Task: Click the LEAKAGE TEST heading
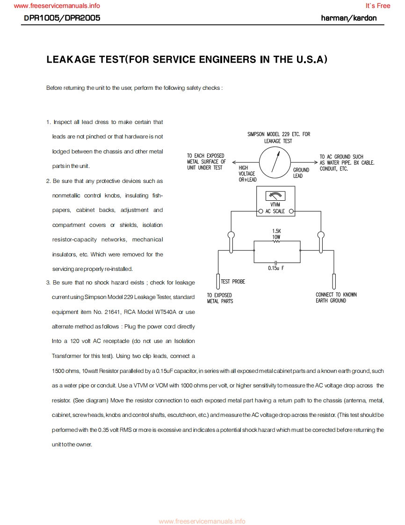coord(187,60)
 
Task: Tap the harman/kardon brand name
coord(349,18)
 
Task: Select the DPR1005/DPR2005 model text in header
coord(62,18)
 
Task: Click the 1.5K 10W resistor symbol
coord(276,242)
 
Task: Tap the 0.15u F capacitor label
coord(276,268)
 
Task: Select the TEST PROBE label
coord(233,282)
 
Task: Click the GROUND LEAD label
coord(301,173)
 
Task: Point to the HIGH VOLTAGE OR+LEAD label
coord(247,174)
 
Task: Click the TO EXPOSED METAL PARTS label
coord(220,298)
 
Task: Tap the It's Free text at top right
coord(377,6)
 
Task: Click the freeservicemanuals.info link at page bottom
coord(202,521)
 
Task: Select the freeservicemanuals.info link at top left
coord(57,6)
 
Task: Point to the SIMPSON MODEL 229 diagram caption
coord(279,138)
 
